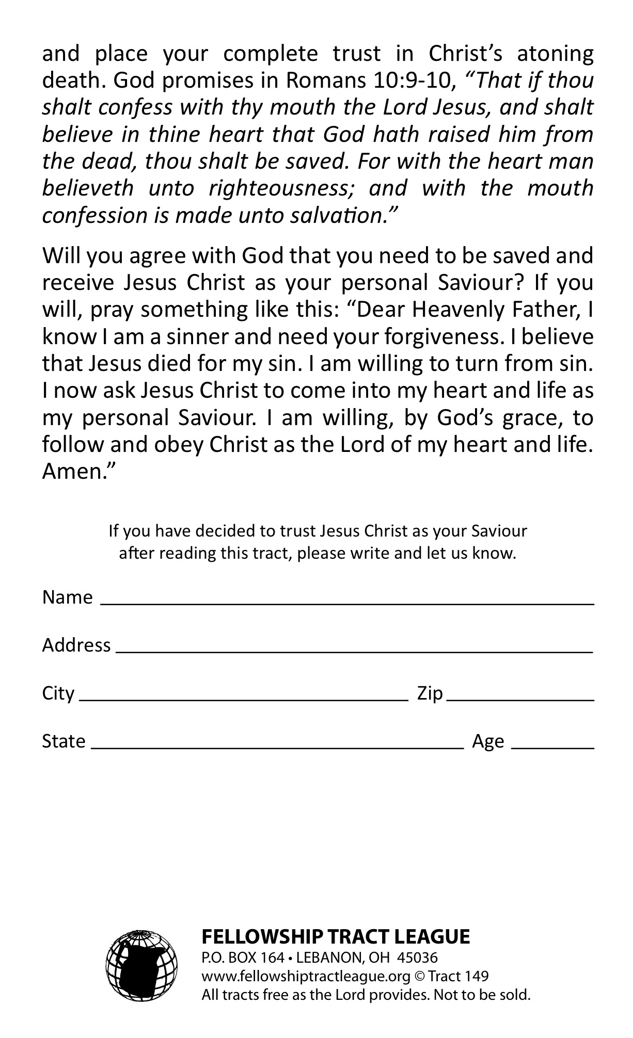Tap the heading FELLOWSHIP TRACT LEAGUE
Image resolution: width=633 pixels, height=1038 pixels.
coord(336,936)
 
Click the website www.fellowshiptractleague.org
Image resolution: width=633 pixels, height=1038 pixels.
coord(306,976)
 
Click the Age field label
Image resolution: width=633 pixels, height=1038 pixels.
coord(488,741)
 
